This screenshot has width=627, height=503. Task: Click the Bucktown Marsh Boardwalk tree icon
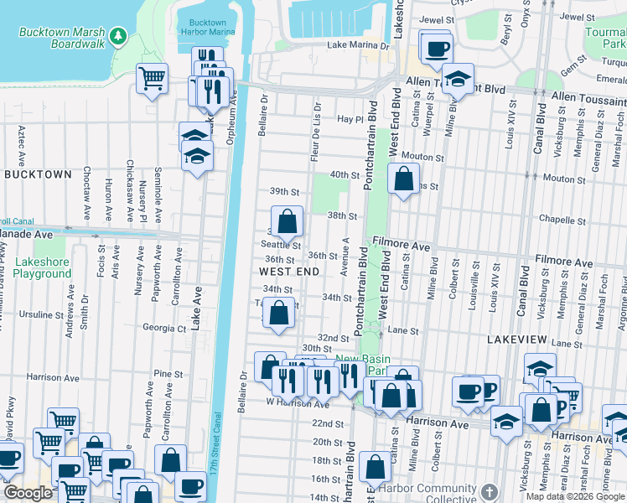click(118, 35)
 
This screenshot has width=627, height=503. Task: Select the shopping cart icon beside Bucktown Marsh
click(152, 79)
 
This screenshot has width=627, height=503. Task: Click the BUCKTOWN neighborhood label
click(38, 174)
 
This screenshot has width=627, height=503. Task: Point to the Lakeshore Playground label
click(42, 267)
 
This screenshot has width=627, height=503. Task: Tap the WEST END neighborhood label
click(288, 272)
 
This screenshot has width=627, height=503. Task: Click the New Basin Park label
click(360, 364)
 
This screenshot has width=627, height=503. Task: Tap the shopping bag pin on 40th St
click(404, 178)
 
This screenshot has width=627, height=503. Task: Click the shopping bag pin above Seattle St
click(287, 222)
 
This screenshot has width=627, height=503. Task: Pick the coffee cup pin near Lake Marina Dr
click(435, 49)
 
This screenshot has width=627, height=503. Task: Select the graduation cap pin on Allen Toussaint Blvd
click(458, 80)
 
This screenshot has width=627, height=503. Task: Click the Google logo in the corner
click(27, 493)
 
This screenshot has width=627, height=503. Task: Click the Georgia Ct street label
click(164, 329)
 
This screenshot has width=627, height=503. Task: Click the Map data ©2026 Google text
click(574, 496)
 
